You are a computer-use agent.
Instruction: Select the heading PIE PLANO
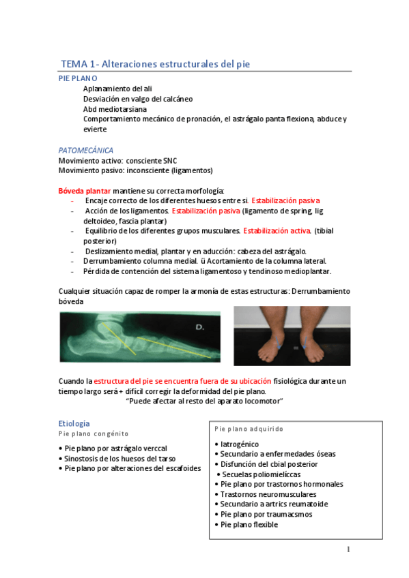click(x=78, y=79)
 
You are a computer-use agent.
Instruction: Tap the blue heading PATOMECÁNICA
click(x=86, y=150)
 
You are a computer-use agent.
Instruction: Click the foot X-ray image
click(x=140, y=335)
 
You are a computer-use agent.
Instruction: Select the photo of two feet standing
click(x=292, y=335)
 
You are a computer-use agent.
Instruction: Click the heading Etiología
click(x=74, y=423)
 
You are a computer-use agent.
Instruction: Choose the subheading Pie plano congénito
click(x=94, y=433)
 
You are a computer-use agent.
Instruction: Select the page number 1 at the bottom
click(x=348, y=549)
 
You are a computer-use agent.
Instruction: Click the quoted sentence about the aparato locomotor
click(x=205, y=401)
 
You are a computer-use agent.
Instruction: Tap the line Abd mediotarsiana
click(x=115, y=109)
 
